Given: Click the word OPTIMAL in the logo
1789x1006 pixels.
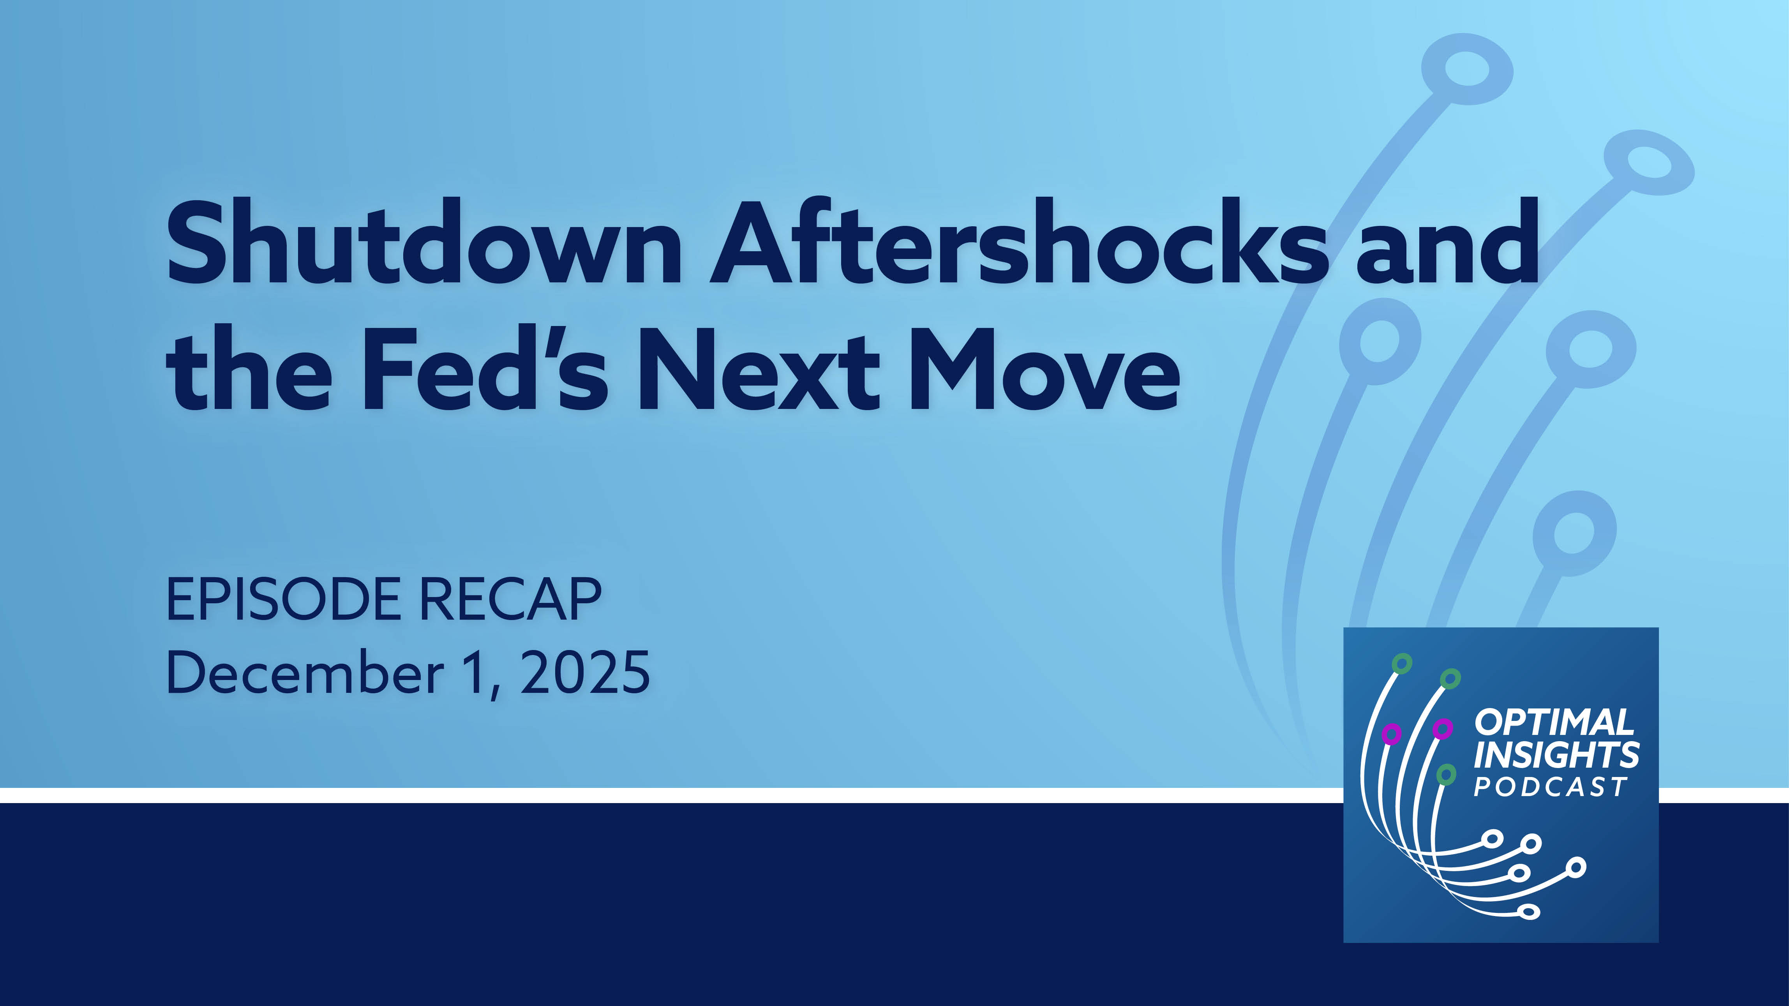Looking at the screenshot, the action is point(1554,723).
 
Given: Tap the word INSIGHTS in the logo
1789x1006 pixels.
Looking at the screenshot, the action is point(1556,755).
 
